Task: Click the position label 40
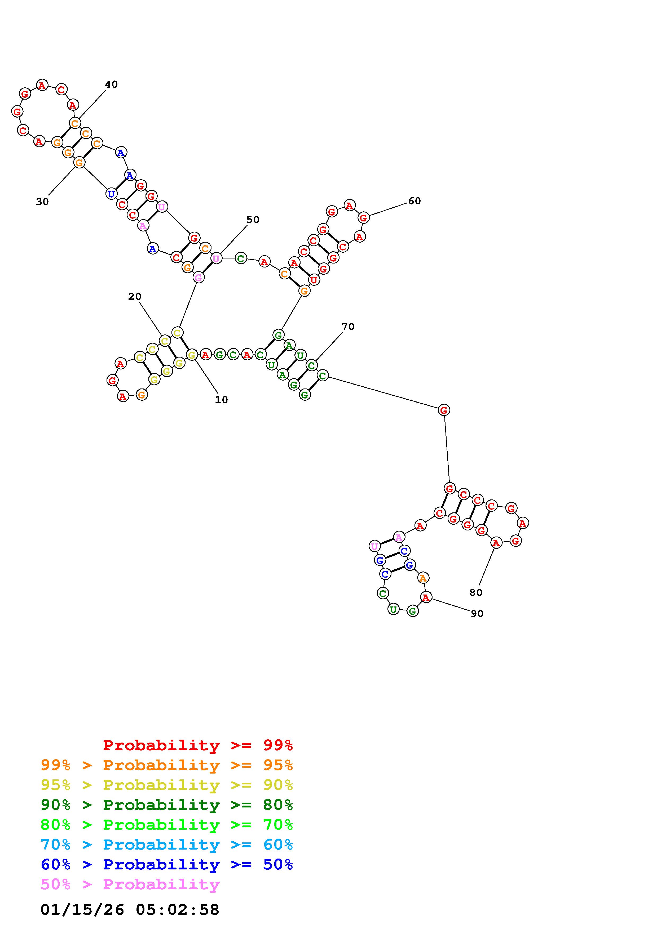point(111,84)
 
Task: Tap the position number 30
point(42,202)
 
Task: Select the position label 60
point(414,201)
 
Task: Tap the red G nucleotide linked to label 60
point(364,218)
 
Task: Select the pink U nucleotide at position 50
point(217,258)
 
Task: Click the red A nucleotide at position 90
point(425,597)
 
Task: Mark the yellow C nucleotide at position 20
point(164,341)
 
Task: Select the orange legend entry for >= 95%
point(167,765)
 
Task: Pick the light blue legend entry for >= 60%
point(167,845)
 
